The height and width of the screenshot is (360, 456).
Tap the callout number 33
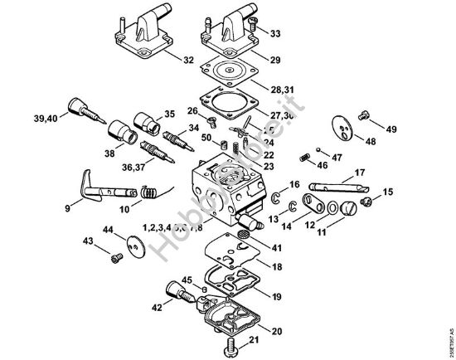(x=275, y=34)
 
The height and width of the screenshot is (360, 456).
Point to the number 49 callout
(x=391, y=129)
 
